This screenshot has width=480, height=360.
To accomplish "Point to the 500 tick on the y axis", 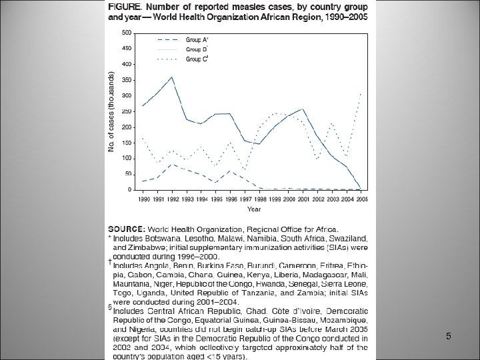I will (126, 32).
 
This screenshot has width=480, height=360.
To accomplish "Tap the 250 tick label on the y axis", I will (126, 111).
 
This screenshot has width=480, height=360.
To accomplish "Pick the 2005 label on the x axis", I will (361, 199).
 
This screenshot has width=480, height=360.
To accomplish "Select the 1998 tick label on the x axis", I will (259, 199).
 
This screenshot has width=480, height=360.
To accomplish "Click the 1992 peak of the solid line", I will (173, 77).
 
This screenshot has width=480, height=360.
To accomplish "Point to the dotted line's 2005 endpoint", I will (361, 93).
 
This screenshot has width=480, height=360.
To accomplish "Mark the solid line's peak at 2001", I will (303, 109).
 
